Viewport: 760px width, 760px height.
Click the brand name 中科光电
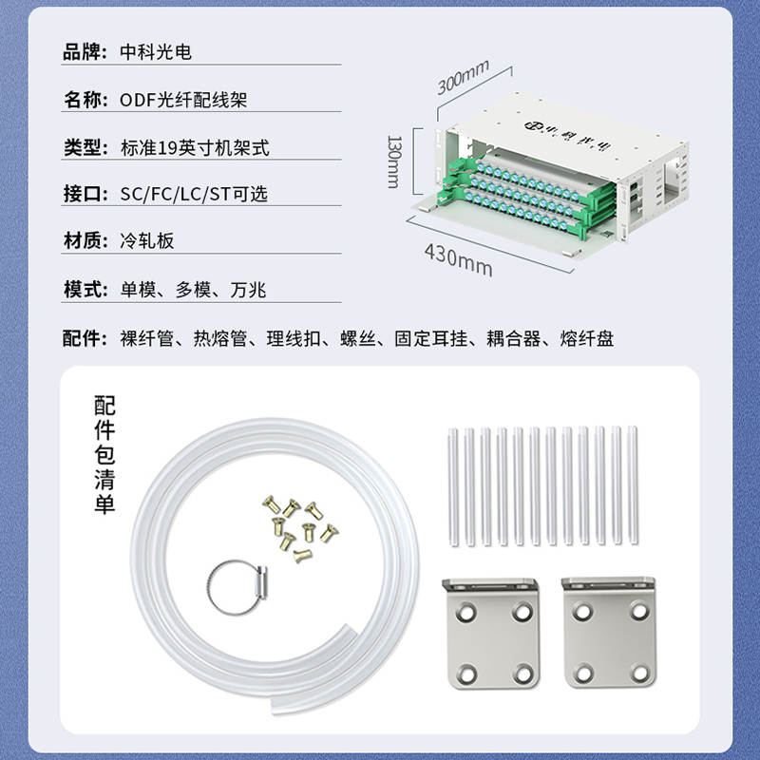click(x=156, y=52)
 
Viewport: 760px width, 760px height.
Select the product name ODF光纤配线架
click(x=183, y=100)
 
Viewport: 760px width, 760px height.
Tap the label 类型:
click(x=85, y=147)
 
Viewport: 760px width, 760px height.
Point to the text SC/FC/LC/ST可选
click(x=194, y=194)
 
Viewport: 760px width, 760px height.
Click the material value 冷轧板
click(x=147, y=241)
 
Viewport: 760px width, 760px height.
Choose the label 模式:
click(x=85, y=290)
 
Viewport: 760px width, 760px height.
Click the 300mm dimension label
click(x=463, y=77)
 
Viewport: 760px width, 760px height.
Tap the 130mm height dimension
click(x=394, y=161)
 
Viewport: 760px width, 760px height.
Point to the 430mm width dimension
click(x=458, y=260)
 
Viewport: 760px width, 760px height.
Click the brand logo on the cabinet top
click(x=567, y=134)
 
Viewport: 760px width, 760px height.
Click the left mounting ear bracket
click(x=491, y=633)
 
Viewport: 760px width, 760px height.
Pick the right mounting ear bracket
click(x=609, y=632)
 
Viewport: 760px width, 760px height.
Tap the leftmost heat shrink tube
click(x=453, y=486)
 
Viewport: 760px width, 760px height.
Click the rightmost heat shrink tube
click(x=633, y=485)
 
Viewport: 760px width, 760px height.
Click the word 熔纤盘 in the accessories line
click(x=587, y=338)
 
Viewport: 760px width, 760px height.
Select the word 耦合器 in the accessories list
click(x=514, y=338)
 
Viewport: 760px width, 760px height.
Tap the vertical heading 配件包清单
click(x=104, y=454)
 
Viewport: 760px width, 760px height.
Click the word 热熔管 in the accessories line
click(x=220, y=338)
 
